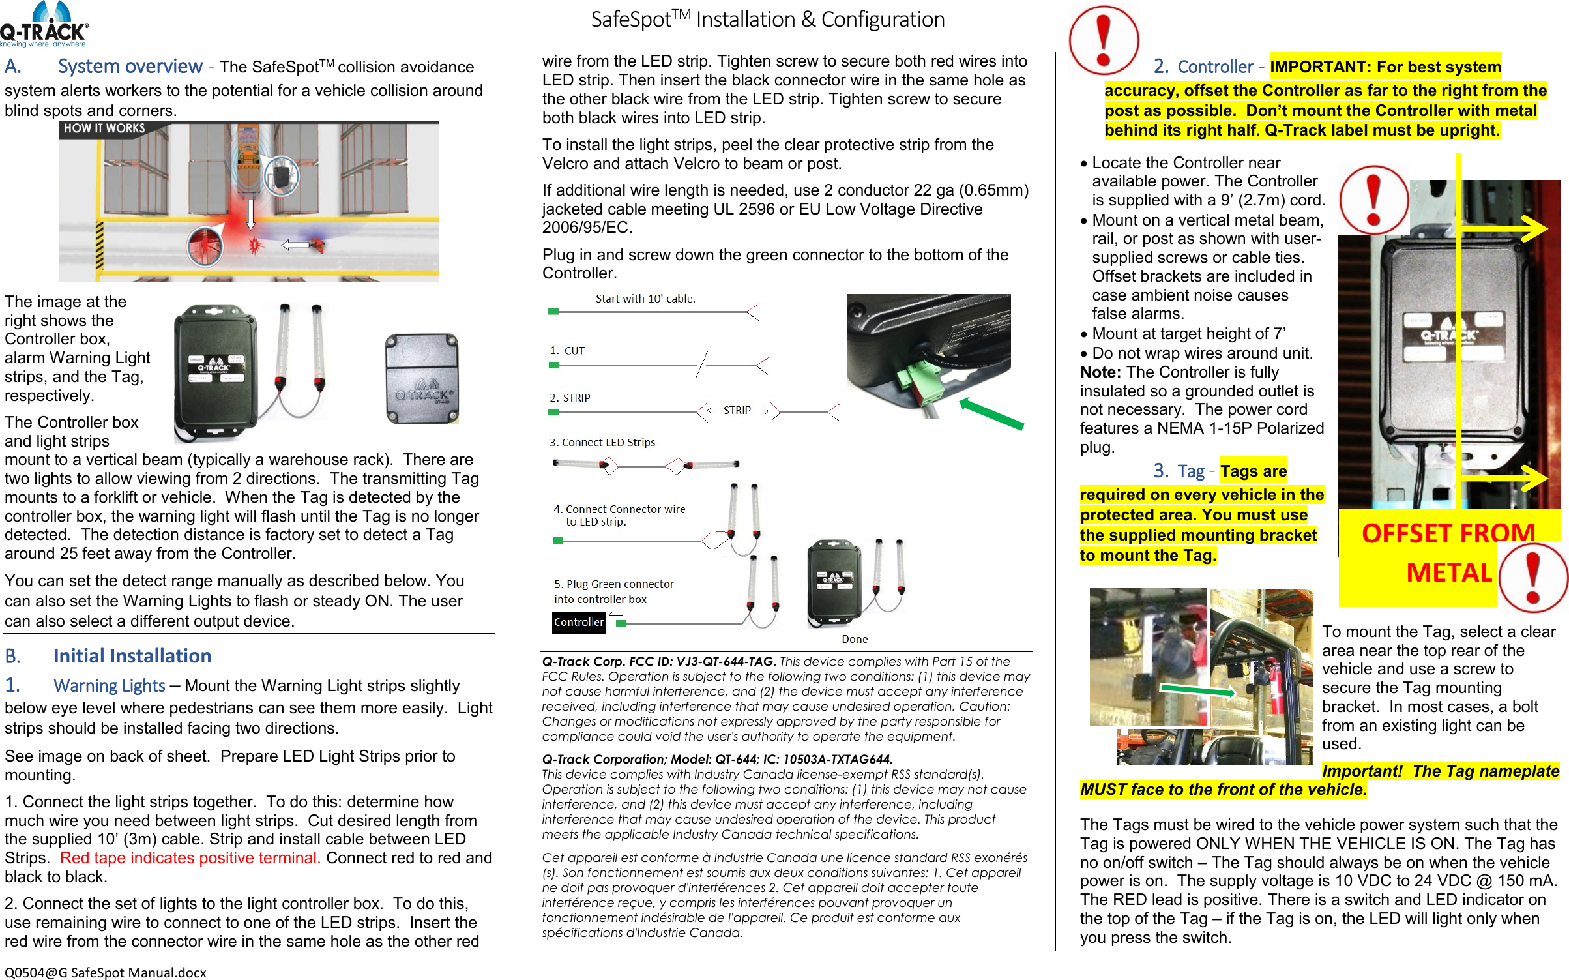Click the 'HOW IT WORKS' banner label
(x=104, y=128)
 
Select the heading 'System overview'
(x=130, y=67)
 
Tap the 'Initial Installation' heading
(x=132, y=655)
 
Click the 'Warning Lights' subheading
(x=110, y=685)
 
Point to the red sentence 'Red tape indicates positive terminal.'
(x=190, y=857)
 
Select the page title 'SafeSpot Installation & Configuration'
(x=767, y=20)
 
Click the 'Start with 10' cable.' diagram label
(x=645, y=299)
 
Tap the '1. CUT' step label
(x=567, y=351)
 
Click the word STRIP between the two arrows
(x=737, y=410)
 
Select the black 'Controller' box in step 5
(x=578, y=622)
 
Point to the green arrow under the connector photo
(x=991, y=413)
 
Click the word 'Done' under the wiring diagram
(x=854, y=639)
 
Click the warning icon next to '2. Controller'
(x=1104, y=40)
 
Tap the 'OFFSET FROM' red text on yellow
(x=1448, y=533)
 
